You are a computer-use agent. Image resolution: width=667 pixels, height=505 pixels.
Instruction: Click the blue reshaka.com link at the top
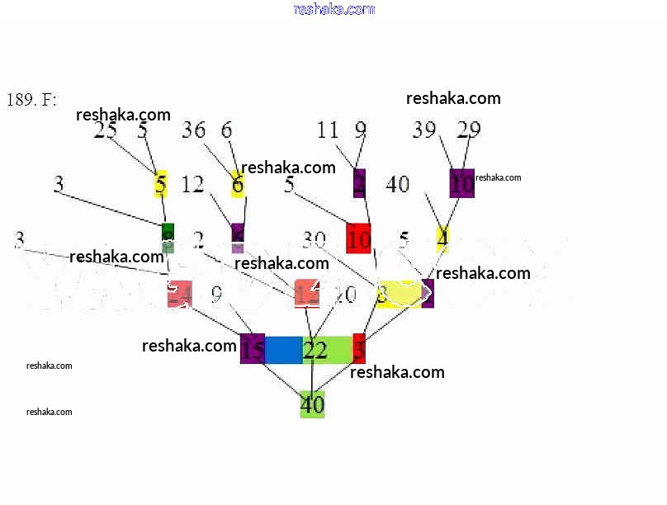coord(333,9)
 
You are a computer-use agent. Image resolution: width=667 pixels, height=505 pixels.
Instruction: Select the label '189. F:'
coord(31,100)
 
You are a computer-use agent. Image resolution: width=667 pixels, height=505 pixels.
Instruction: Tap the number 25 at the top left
coord(105,130)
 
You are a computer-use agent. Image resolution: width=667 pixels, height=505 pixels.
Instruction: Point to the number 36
coord(193,130)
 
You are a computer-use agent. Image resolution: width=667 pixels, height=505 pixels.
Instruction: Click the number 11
coord(328,130)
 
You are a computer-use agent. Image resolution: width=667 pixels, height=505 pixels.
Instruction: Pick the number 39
coord(425,130)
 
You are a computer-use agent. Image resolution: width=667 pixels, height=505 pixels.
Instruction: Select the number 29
coord(468,130)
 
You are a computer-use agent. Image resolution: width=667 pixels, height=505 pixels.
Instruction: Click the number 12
coord(192,185)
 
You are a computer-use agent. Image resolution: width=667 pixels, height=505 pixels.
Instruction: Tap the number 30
coord(314,239)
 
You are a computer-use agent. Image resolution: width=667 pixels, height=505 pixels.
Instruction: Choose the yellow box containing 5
coord(161,184)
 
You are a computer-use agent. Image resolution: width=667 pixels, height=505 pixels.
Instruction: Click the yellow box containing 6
coord(238,184)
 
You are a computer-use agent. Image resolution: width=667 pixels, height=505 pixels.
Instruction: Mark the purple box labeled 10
coord(462,183)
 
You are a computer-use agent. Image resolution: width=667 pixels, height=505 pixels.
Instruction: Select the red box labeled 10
coord(359,238)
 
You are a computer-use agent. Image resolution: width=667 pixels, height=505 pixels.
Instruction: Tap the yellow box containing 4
coord(442,238)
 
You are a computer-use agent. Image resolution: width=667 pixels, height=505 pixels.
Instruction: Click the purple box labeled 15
coord(253,349)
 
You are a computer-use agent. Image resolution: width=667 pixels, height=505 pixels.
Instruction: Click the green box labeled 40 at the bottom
coord(312,404)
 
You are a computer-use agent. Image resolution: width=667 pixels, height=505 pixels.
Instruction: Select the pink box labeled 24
coord(179,295)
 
